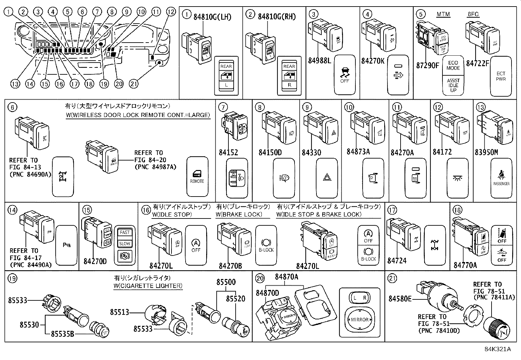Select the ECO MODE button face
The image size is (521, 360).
click(453, 66)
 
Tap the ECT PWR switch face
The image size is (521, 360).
click(501, 76)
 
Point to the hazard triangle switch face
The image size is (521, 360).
click(327, 178)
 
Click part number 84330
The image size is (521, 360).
click(311, 153)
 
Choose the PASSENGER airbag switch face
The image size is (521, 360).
click(501, 178)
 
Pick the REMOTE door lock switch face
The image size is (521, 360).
click(197, 176)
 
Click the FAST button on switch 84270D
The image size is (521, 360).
click(125, 232)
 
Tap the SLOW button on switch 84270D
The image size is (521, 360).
click(125, 243)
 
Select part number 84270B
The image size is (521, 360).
click(230, 266)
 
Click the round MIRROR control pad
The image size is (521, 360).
click(360, 319)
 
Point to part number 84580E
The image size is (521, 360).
click(400, 299)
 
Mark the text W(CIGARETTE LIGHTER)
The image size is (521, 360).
click(148, 286)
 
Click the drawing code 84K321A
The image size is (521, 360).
click(497, 349)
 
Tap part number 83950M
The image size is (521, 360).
click(486, 153)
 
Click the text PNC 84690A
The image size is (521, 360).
click(30, 174)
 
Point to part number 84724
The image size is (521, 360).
click(397, 261)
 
